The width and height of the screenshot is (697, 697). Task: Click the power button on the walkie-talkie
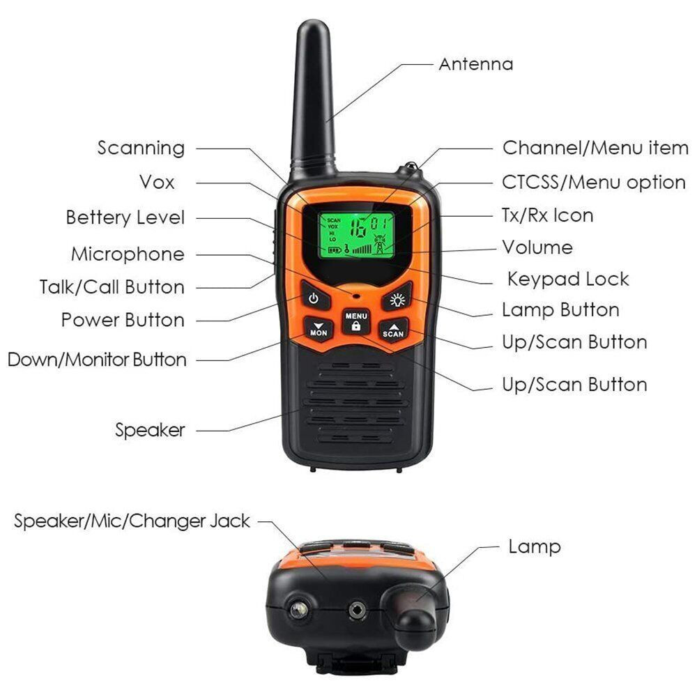[315, 296]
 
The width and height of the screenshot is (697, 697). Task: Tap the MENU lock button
[355, 321]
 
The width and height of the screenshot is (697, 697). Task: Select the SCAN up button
[394, 330]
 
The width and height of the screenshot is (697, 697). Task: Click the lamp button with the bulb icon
[397, 298]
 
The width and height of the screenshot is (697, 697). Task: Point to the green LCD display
[355, 235]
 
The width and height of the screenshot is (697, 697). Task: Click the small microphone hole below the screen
[356, 295]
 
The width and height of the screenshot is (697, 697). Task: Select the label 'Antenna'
[475, 64]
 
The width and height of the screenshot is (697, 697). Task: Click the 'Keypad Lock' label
[568, 279]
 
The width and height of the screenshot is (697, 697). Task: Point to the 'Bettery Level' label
[125, 217]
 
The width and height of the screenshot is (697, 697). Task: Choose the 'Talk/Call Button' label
[112, 286]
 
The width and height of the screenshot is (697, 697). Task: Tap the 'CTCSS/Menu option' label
[594, 182]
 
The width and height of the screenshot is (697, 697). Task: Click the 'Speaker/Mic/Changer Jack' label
[132, 521]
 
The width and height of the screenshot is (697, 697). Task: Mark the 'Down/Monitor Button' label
[97, 359]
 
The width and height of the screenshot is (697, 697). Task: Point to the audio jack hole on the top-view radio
[358, 610]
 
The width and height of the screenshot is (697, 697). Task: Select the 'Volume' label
[537, 247]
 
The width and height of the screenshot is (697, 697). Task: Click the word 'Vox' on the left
[157, 182]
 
